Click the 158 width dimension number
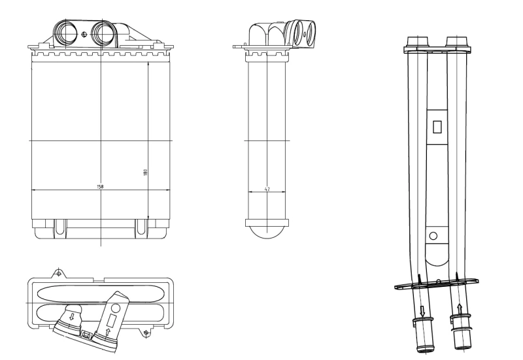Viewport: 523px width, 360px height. tap(100, 187)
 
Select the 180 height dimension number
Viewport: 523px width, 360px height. tap(145, 172)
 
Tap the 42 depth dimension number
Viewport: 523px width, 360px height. tap(267, 189)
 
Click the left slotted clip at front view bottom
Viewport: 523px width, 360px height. tap(60, 227)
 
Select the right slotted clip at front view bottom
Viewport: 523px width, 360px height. tap(141, 227)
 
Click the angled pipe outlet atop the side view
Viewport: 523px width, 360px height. tap(303, 32)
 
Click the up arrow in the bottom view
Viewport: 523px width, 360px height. tap(107, 332)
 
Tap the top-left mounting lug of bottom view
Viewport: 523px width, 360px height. tap(59, 271)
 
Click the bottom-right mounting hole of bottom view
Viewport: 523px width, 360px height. tap(145, 334)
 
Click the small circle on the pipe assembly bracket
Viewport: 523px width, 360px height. tap(433, 236)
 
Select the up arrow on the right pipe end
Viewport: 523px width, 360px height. tap(460, 306)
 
